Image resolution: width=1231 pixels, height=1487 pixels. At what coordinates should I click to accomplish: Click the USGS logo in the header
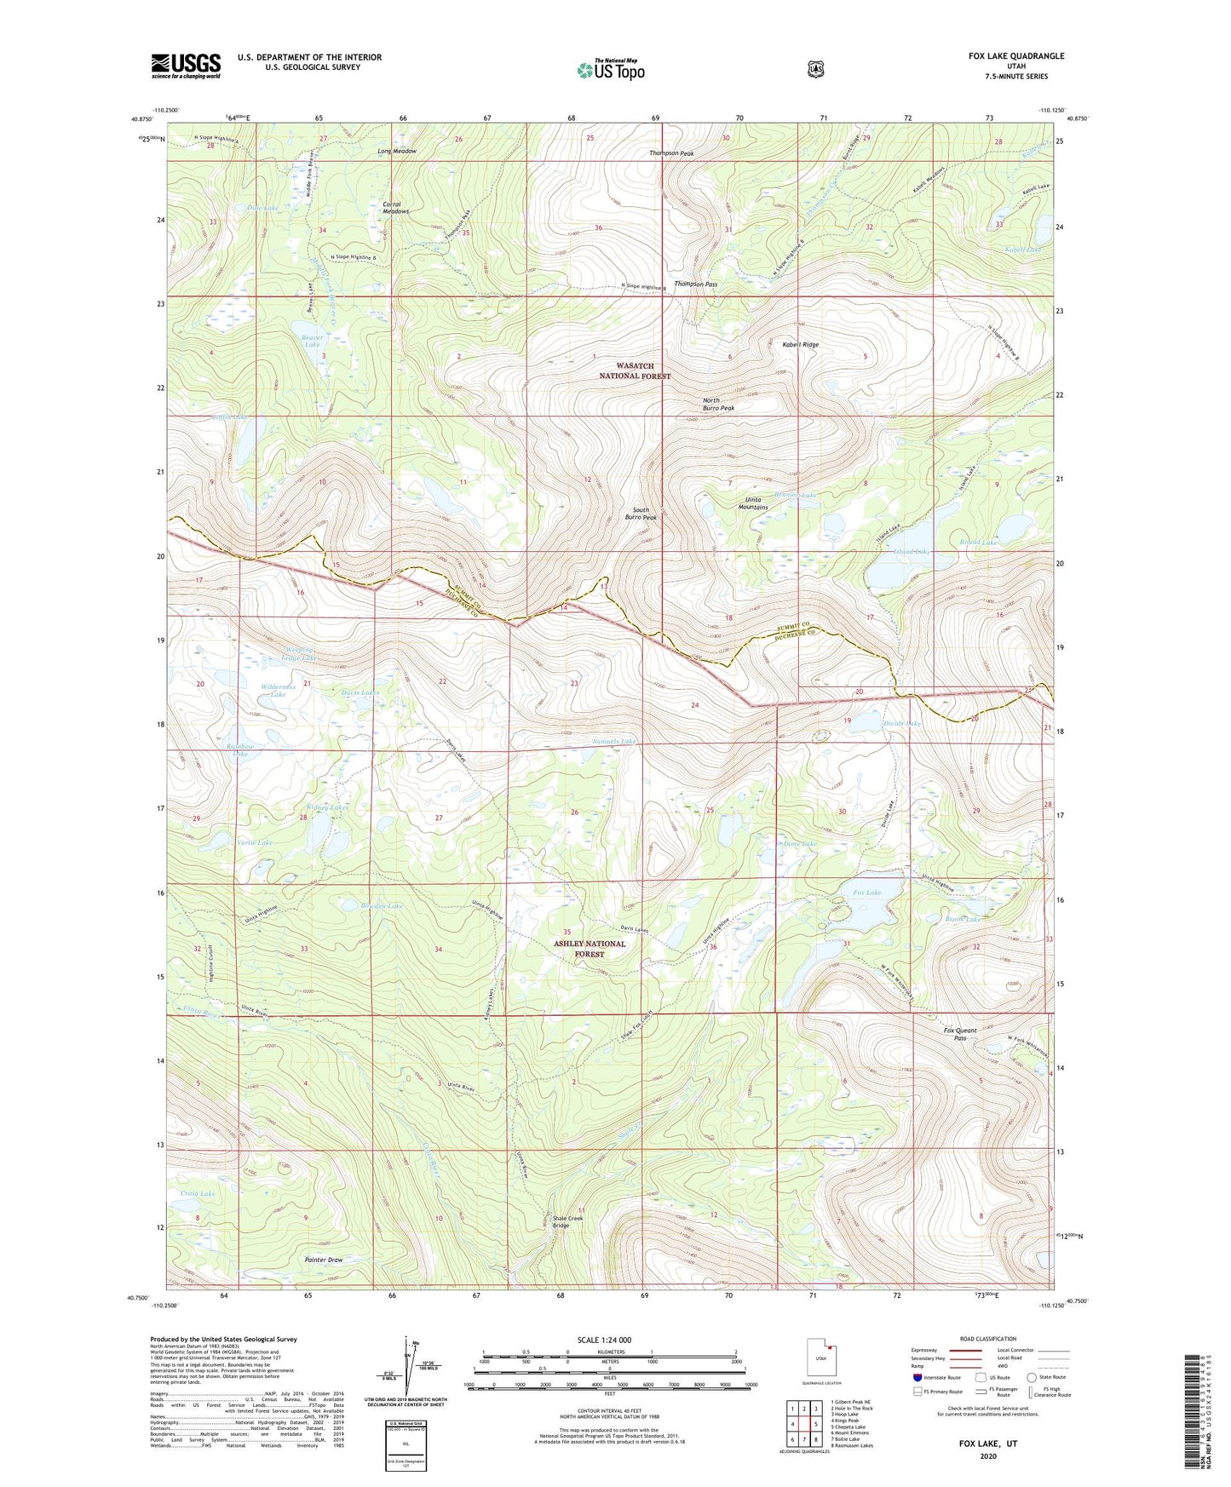click(x=186, y=66)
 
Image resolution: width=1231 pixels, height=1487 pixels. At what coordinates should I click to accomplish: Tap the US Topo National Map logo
click(x=610, y=70)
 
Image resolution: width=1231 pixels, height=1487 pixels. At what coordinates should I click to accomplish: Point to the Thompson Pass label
click(x=695, y=284)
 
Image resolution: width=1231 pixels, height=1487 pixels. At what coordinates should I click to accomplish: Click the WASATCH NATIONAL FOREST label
click(x=635, y=370)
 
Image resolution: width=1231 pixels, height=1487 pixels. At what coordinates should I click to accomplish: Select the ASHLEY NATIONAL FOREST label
click(x=589, y=949)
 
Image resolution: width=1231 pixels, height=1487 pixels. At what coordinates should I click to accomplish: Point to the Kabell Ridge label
click(x=800, y=345)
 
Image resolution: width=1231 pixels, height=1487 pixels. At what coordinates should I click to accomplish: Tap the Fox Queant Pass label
click(x=960, y=1034)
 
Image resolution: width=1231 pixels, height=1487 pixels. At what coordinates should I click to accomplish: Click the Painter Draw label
click(x=324, y=1260)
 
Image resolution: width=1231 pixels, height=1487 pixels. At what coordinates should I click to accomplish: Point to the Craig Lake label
click(x=198, y=1194)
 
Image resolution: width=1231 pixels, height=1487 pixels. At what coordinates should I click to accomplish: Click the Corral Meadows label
click(x=396, y=208)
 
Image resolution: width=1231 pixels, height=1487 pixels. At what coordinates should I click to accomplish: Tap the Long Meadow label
click(x=397, y=152)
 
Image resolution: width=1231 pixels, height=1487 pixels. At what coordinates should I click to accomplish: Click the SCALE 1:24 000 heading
click(x=604, y=1341)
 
